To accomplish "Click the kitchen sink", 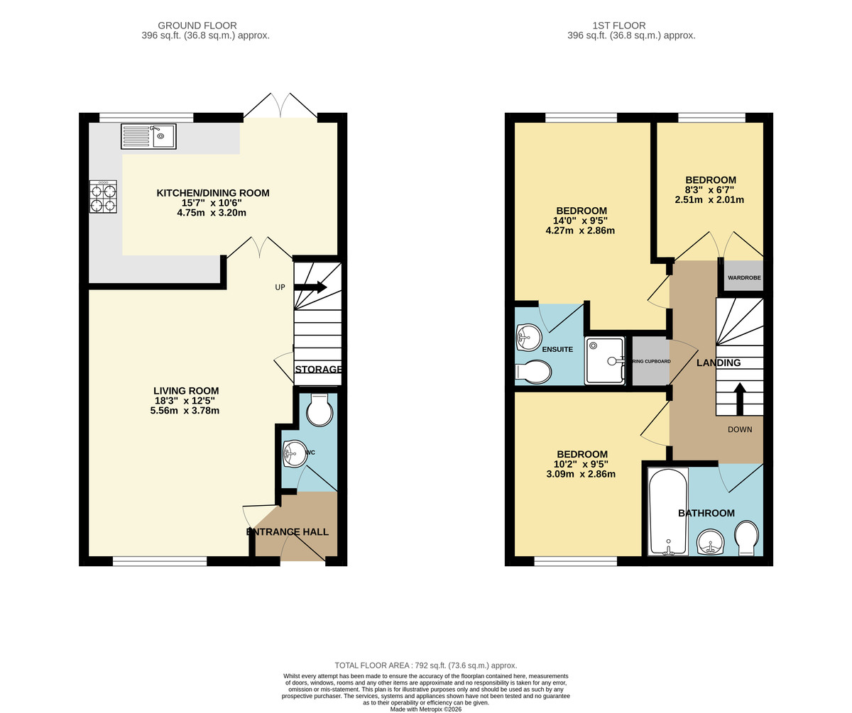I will [148, 136].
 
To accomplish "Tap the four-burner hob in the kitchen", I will [103, 197].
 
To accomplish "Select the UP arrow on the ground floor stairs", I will [312, 287].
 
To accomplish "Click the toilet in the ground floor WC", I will [319, 411].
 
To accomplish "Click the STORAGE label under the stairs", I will [319, 370].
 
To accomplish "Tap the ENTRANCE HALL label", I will [288, 531].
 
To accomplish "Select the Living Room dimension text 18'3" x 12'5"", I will [186, 401].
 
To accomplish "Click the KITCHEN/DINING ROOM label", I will [212, 193].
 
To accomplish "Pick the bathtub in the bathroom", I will [667, 511].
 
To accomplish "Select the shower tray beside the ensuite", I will [604, 360].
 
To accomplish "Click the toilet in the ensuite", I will [534, 372].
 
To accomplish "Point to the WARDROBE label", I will [743, 277].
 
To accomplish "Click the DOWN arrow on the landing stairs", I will [739, 399].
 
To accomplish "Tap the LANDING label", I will [718, 363].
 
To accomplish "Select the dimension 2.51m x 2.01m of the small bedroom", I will [709, 200].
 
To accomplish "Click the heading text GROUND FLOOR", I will [197, 26].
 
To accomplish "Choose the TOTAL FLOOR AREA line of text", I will [425, 665].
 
